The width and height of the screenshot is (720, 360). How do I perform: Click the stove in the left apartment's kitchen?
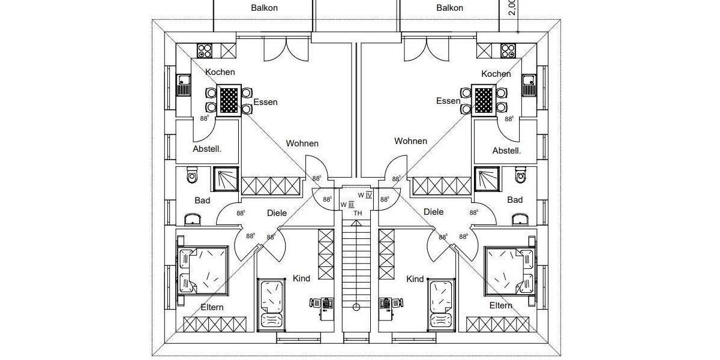coord(205,50)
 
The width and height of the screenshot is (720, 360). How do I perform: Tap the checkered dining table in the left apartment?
coord(229,100)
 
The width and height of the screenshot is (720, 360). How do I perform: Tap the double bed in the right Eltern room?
coord(508,270)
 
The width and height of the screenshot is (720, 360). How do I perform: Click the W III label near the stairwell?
coord(347,204)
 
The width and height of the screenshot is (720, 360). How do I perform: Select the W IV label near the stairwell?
coord(365,194)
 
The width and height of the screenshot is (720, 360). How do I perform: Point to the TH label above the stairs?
coord(358,213)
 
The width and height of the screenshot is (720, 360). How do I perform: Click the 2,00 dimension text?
coord(511,7)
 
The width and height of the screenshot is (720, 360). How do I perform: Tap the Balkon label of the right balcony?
coord(449,8)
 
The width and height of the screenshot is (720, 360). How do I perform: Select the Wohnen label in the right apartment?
coord(410,141)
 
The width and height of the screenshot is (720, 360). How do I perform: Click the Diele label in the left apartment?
coord(277,212)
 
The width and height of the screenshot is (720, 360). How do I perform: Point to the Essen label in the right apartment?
coord(448,101)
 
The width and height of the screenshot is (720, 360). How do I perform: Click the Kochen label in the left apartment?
coord(220,72)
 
